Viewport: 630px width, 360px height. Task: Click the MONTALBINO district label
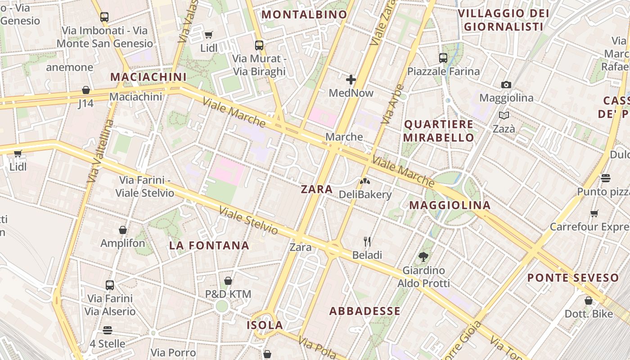(x=304, y=14)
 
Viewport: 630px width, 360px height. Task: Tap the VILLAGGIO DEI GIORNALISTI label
(x=503, y=20)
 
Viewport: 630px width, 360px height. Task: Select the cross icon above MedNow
(x=351, y=80)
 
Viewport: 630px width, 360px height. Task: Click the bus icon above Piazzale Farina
(x=443, y=58)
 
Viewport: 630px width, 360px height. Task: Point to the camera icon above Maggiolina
(x=506, y=85)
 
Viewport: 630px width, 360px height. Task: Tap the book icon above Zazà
(x=504, y=116)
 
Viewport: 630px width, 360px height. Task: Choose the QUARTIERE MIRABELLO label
(x=438, y=130)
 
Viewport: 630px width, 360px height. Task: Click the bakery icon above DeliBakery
(x=365, y=181)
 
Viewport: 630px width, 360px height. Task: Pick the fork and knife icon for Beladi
(x=367, y=242)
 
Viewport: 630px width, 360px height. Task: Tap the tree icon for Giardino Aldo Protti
(x=423, y=257)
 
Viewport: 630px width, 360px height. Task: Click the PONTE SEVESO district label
(x=573, y=278)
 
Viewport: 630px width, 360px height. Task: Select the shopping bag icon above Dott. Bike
(x=589, y=301)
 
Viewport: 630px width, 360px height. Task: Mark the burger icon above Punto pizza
(x=605, y=178)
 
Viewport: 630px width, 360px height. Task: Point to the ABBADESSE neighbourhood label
(x=364, y=311)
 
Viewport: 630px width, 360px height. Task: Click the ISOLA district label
(x=265, y=325)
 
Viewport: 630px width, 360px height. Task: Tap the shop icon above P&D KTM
(x=228, y=281)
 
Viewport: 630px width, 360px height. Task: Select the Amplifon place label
(x=123, y=243)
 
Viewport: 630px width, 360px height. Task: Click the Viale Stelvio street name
(x=248, y=220)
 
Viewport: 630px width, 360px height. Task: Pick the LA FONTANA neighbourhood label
(x=209, y=245)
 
